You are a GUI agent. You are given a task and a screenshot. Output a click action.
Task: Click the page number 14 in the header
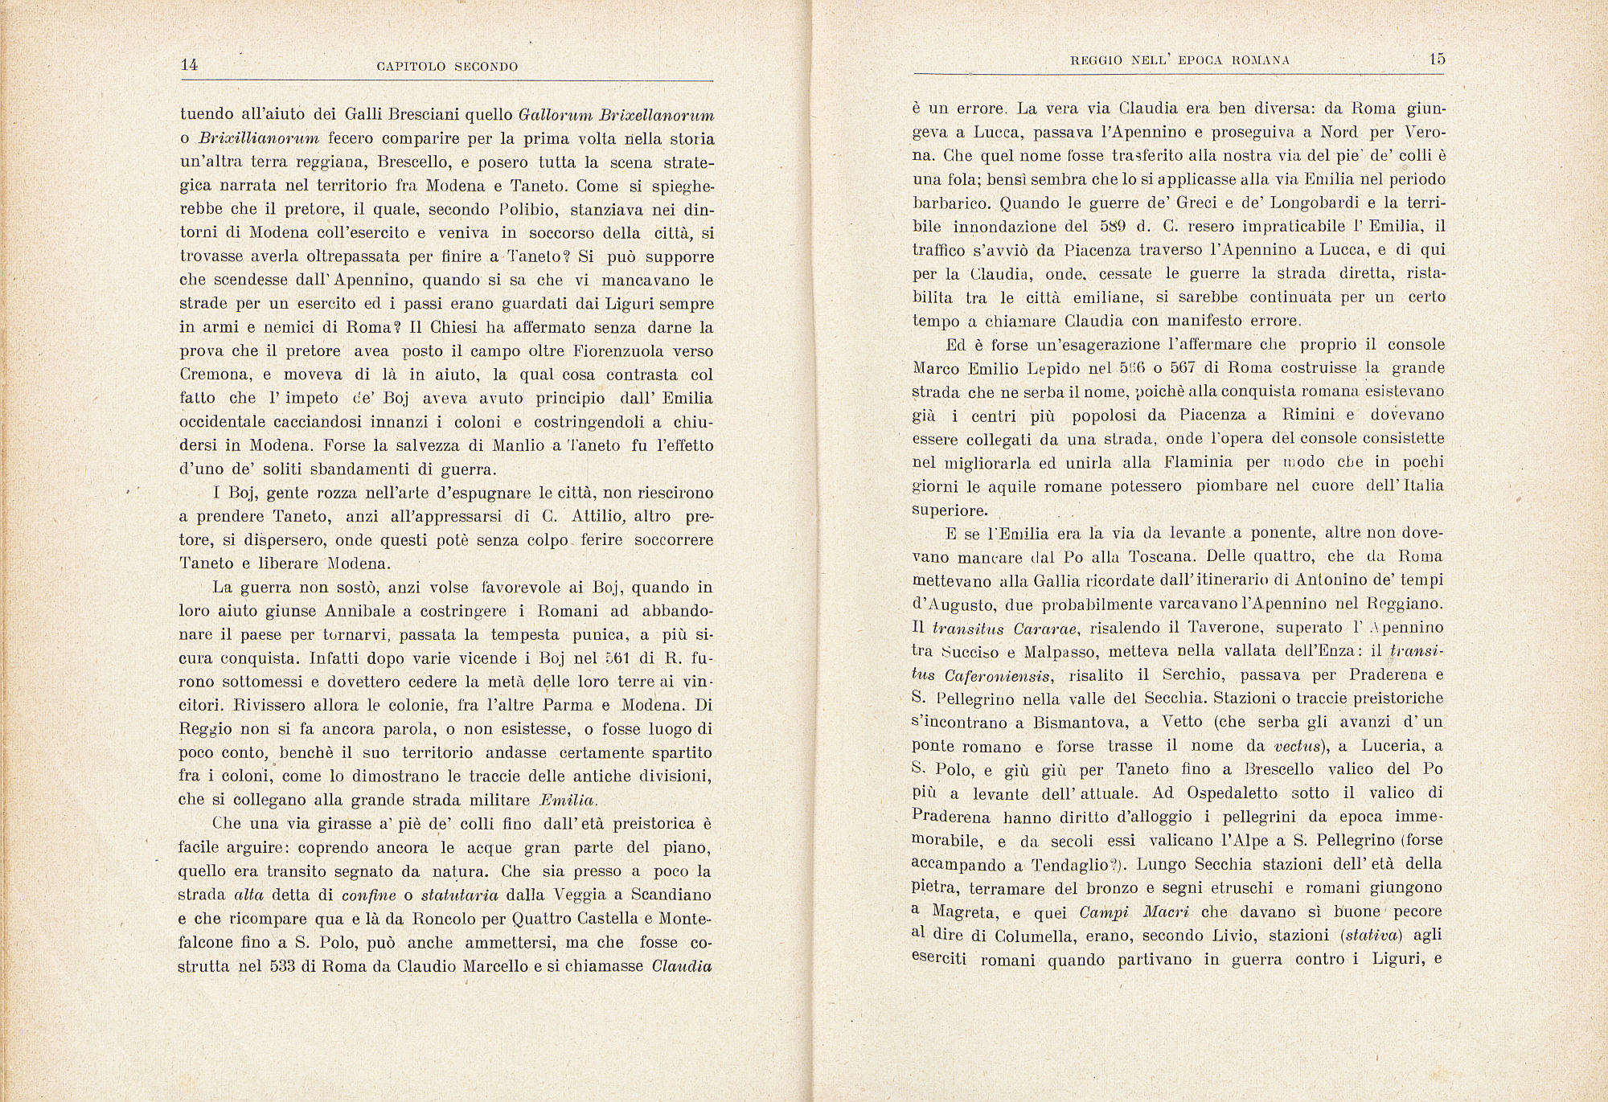[x=189, y=65]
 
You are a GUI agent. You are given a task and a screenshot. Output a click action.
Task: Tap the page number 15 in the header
[x=1438, y=59]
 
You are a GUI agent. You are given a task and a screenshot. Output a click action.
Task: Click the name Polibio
[x=524, y=211]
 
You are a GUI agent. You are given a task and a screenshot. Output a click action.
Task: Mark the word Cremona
[x=215, y=375]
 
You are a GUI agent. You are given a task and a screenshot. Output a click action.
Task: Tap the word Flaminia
[x=1196, y=463]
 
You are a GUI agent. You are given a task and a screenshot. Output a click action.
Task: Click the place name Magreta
[x=965, y=912]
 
